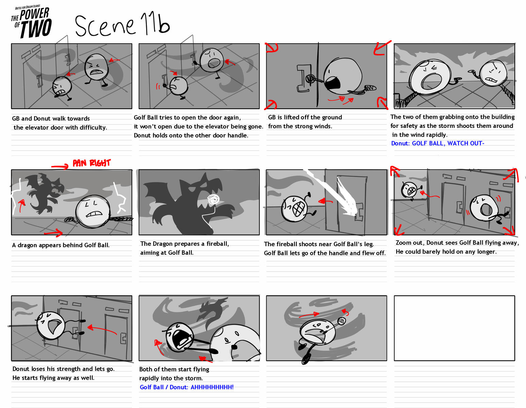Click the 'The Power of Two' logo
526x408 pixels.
click(x=32, y=22)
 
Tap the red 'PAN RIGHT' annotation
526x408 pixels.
click(x=91, y=163)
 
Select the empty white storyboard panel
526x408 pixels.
click(x=454, y=328)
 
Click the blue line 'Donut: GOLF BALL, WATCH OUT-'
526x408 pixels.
click(x=438, y=143)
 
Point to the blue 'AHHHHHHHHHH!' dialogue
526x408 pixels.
click(x=212, y=387)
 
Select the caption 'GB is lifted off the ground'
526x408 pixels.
click(x=305, y=117)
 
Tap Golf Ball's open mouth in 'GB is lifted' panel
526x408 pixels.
click(x=332, y=83)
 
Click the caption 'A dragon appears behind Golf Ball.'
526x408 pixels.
click(x=61, y=245)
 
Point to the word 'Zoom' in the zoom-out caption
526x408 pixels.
click(x=404, y=243)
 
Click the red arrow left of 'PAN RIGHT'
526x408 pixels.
click(x=60, y=166)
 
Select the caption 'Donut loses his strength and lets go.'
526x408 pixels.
click(x=64, y=369)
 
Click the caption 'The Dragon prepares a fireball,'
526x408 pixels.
click(x=185, y=244)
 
